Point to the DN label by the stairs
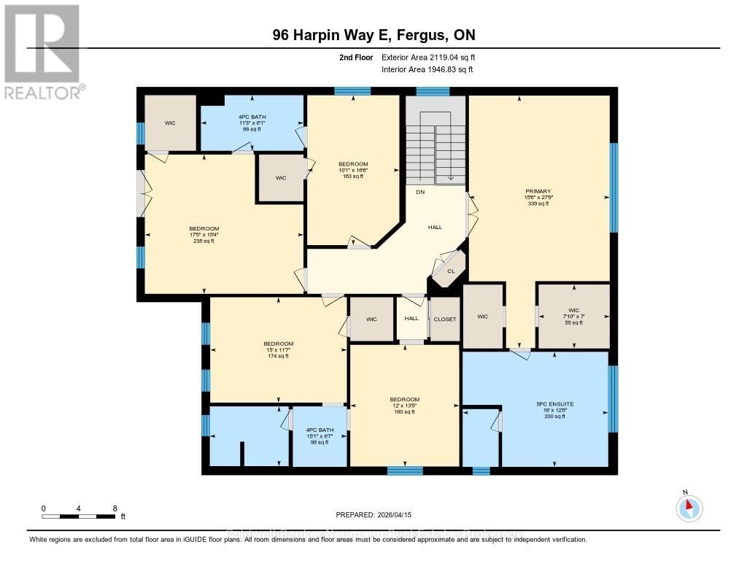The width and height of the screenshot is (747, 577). [420, 193]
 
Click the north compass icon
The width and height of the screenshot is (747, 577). [689, 508]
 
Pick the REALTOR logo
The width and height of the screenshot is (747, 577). [42, 51]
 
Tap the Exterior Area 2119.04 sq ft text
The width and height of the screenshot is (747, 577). [429, 57]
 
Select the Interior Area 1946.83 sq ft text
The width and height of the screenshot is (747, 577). [427, 69]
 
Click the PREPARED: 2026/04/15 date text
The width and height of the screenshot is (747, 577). [373, 514]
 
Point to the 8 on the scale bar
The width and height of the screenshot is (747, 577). [115, 508]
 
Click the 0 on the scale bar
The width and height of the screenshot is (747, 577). [44, 508]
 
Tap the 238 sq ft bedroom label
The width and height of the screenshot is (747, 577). [204, 235]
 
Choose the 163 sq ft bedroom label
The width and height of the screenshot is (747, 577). [353, 170]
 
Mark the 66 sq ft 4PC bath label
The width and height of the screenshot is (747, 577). [252, 123]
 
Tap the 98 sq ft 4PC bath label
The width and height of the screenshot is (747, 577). [319, 435]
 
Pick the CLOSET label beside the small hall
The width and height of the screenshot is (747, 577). [445, 319]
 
